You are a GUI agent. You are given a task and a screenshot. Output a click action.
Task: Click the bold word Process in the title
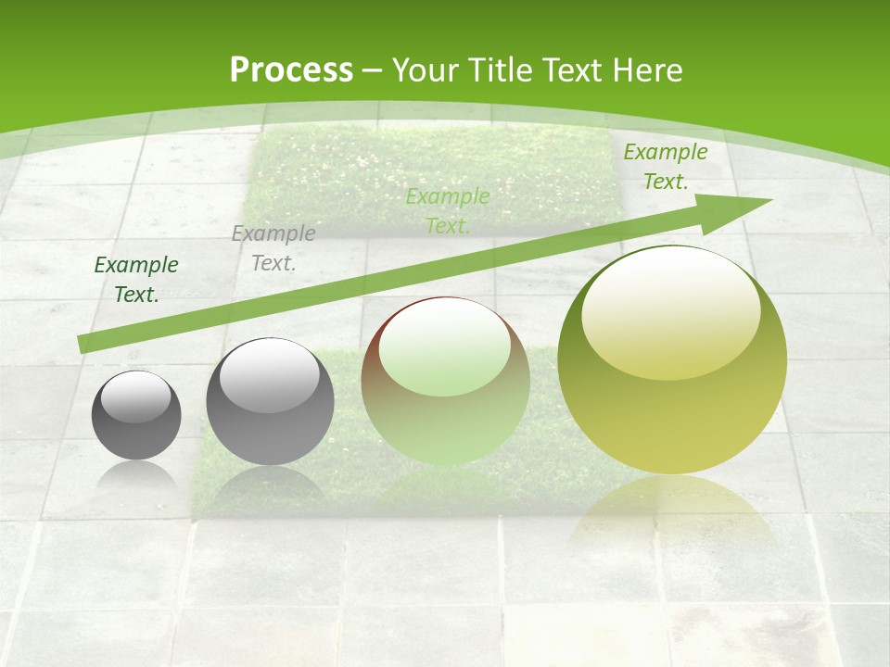click(291, 70)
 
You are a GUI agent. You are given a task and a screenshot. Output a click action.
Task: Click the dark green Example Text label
click(136, 279)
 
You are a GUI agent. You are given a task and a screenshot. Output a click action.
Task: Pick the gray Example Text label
click(273, 247)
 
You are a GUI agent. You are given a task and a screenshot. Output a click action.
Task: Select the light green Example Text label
click(448, 210)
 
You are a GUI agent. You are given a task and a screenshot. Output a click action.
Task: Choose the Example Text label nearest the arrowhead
click(665, 167)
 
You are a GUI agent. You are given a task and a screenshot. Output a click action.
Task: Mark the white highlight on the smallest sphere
click(136, 397)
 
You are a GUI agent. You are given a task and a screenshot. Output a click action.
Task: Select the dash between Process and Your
click(373, 71)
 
